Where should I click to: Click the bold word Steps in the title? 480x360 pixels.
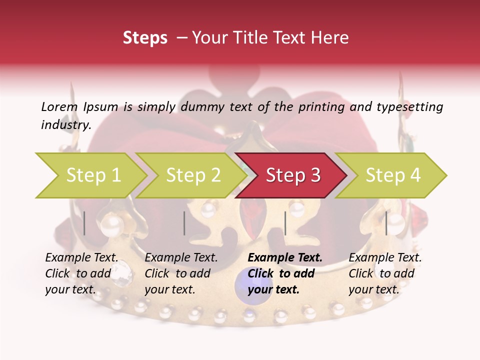[145, 38]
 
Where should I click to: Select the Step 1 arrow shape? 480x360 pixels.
[90, 175]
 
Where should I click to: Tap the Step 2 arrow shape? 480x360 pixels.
[192, 175]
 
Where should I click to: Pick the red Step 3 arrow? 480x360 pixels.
[292, 175]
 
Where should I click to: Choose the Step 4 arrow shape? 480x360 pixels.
[392, 175]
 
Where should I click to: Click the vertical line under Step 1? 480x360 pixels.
[84, 223]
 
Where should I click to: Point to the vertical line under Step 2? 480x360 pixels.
[184, 223]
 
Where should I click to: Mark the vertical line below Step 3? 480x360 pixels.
[285, 223]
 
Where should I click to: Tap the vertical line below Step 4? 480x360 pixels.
[386, 223]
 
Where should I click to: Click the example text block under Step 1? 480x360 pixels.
[81, 273]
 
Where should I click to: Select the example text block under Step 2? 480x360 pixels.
[181, 273]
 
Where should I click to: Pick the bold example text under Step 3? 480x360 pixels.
[285, 273]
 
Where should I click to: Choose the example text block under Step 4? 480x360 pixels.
[385, 273]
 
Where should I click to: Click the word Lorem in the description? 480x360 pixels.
[59, 107]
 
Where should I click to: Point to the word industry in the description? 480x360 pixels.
[66, 125]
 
